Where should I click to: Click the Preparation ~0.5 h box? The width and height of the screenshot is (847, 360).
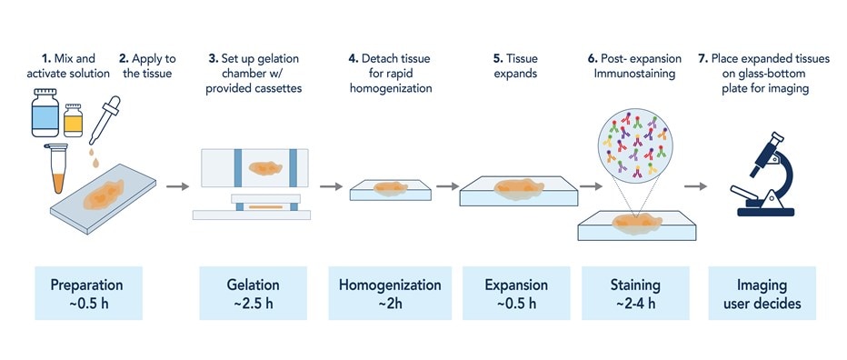click(86, 293)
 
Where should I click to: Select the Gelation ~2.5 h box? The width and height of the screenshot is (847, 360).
click(254, 293)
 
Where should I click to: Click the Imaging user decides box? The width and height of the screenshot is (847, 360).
click(763, 293)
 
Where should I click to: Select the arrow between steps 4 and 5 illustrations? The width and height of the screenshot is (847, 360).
click(446, 187)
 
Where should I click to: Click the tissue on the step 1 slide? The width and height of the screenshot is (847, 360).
click(102, 195)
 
